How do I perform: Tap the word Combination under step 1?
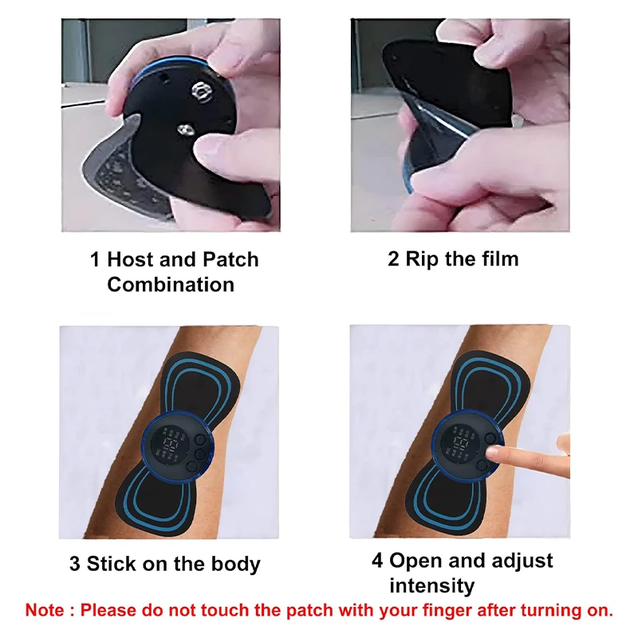click(171, 285)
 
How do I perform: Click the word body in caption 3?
click(235, 565)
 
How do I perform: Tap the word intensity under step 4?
click(432, 585)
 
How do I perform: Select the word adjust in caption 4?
click(522, 561)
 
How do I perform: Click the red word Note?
click(45, 610)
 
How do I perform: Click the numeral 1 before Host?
click(95, 260)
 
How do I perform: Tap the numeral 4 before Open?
click(377, 561)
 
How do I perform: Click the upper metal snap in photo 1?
click(202, 92)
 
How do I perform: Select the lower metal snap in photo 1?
click(185, 130)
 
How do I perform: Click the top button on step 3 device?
click(201, 440)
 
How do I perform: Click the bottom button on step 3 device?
click(192, 467)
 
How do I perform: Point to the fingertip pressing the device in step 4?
click(493, 451)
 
